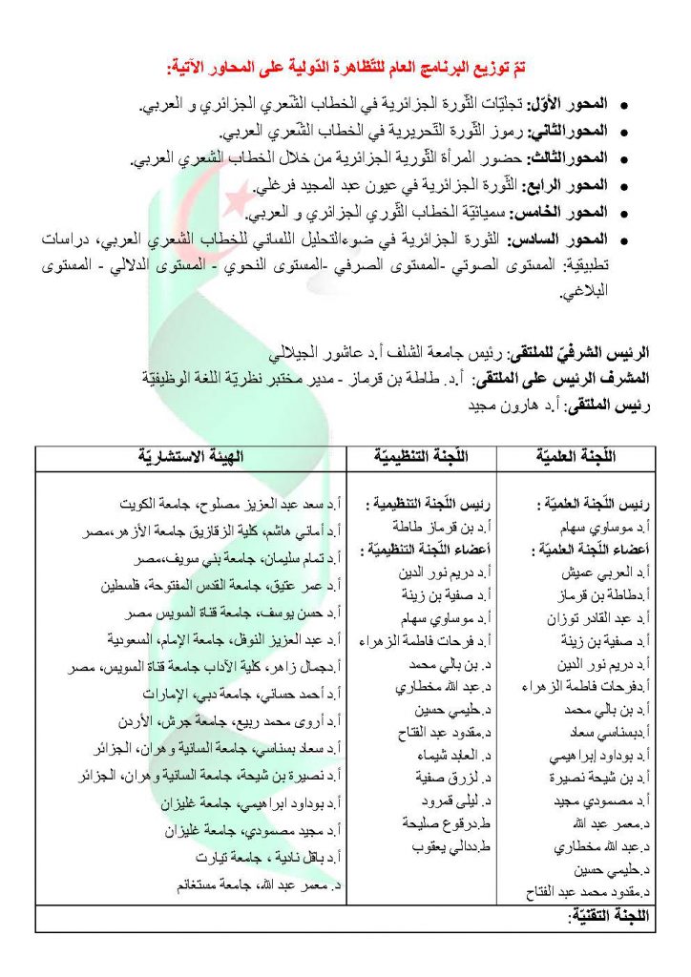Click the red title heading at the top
[x=345, y=68]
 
